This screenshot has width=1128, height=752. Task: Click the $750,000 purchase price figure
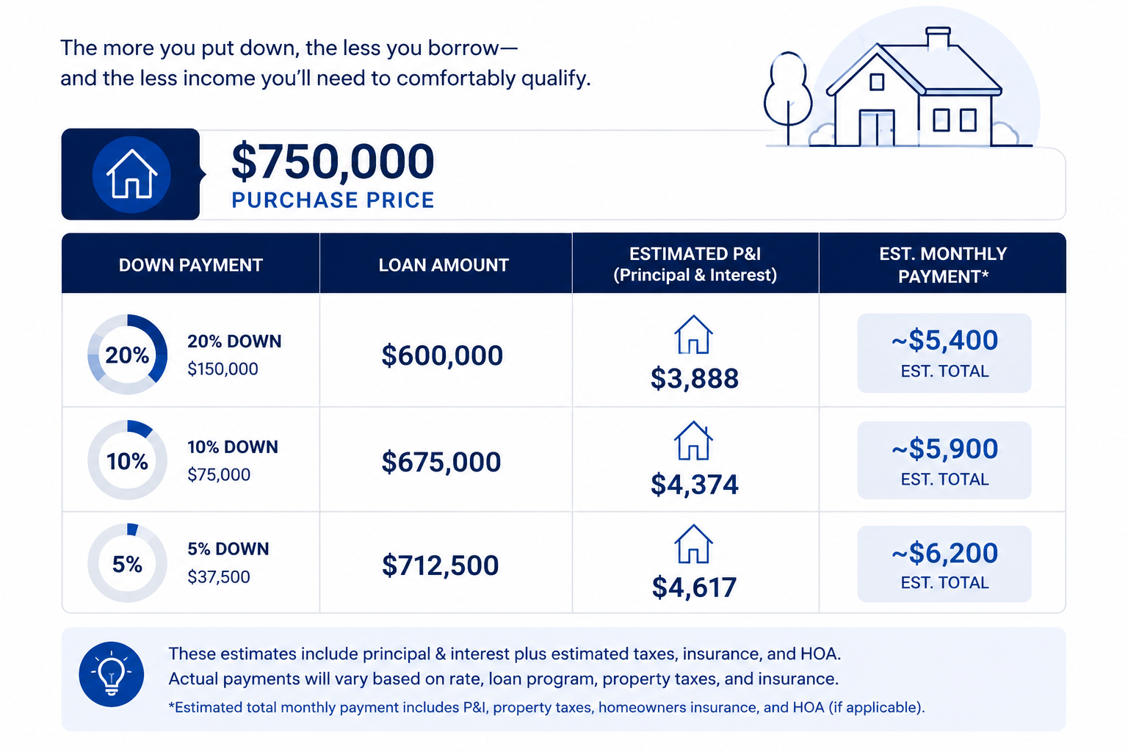333,161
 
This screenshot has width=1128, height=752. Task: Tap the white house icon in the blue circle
132,174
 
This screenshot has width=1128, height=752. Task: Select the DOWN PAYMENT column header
191,265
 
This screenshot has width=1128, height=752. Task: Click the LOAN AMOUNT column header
444,265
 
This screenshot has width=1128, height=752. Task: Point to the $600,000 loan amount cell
442,355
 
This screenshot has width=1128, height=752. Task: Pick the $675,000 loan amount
441,461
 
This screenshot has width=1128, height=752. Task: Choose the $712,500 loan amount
440,565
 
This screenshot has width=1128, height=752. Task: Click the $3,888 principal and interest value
695,378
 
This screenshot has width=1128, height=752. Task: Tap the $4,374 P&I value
695,484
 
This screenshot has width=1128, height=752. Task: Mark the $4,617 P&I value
695,587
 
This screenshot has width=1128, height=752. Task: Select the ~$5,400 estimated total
944,340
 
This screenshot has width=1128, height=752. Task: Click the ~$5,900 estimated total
944,448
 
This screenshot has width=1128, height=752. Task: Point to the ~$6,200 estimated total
944,552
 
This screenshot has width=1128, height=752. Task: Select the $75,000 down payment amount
219,474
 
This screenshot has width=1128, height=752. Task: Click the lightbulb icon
112,674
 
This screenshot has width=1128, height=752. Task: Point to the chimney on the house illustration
938,38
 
